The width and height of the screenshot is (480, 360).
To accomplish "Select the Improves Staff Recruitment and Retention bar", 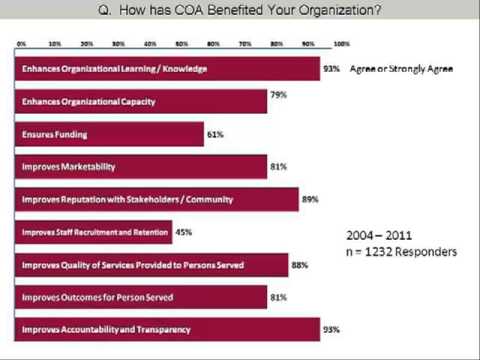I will coord(95,232).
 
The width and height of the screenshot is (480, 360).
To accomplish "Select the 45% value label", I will coord(186,232).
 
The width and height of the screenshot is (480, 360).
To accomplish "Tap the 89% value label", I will coord(310,199).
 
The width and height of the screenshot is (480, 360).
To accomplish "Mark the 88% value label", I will coord(307,264).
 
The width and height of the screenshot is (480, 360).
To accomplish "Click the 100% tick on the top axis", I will coord(340,45).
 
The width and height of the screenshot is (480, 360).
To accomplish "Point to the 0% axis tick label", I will coord(22,45).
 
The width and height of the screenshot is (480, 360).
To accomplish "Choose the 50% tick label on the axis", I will coord(181,45).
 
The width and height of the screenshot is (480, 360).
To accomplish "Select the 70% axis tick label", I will coord(245,45).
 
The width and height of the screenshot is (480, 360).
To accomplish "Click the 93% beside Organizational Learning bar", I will coord(332,69).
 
